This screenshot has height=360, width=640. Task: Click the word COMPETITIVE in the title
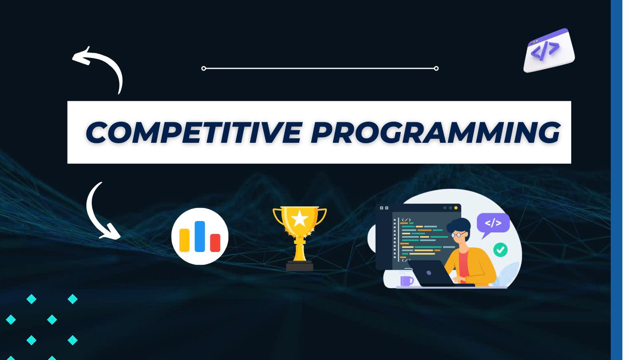[x=194, y=132]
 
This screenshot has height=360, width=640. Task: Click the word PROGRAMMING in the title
[x=436, y=132]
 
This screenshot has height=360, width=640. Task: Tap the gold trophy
[x=300, y=238]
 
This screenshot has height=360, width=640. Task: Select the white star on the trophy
[x=300, y=218]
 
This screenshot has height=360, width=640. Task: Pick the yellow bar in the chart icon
[x=184, y=240]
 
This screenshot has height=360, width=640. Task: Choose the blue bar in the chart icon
[x=200, y=236]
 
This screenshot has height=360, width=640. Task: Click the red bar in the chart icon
[x=215, y=243]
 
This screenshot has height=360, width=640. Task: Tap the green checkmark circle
[x=500, y=250]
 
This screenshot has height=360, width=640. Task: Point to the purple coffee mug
[x=406, y=280]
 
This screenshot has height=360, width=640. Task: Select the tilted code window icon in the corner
[x=549, y=50]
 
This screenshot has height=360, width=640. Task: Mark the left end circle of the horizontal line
[x=204, y=68]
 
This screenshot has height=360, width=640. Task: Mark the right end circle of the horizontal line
[x=436, y=68]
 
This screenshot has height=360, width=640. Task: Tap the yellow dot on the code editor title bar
[x=456, y=208]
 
